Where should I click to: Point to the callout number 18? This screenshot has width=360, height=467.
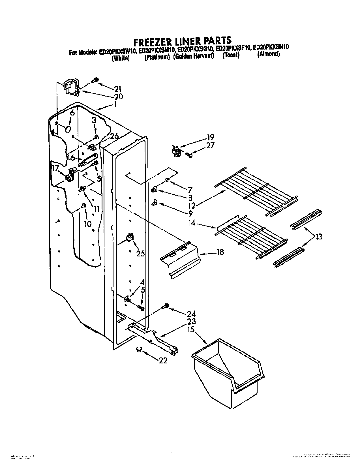(220, 252)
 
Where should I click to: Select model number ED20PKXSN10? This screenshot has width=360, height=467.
(271, 48)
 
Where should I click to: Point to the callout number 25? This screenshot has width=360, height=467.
(140, 253)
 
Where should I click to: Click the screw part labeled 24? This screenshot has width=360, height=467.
(165, 306)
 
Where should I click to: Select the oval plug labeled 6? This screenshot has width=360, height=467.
(68, 130)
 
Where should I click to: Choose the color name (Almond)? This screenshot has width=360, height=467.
(268, 54)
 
